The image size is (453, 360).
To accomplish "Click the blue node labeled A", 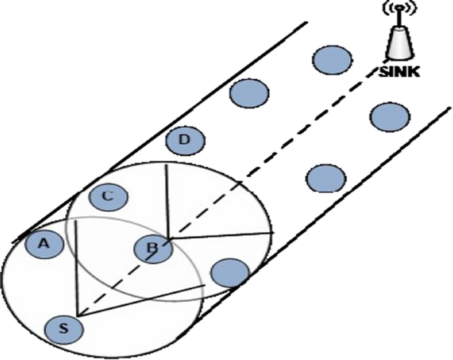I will point(44,244).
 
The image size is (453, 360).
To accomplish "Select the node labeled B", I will point(153,249).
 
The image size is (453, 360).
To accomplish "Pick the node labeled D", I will point(185,140).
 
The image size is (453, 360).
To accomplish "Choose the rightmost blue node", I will point(388,117).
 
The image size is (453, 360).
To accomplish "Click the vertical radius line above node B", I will point(167,199).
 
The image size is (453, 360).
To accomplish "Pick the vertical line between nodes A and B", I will point(77,265).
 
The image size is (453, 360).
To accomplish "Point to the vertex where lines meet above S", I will point(77,315).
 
